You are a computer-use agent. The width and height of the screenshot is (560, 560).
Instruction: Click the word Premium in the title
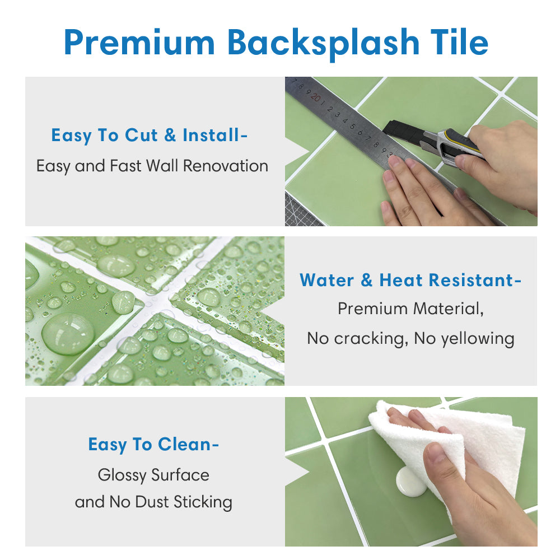(139, 43)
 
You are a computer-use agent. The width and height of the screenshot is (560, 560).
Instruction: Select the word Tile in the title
(459, 42)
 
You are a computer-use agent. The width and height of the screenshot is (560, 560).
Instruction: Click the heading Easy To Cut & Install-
(150, 136)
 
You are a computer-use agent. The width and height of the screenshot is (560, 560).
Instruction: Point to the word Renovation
(225, 166)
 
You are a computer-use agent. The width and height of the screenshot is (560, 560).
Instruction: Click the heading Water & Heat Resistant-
(410, 280)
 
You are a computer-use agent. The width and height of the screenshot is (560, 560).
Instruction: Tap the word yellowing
(478, 339)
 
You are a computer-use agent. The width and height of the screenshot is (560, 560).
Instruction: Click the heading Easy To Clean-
(153, 445)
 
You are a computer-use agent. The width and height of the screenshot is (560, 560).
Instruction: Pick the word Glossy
(122, 475)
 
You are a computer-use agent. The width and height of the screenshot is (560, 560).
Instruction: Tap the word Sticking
(203, 502)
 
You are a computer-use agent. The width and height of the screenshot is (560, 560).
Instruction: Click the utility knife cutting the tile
(433, 143)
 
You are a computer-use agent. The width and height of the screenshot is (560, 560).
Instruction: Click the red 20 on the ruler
(316, 97)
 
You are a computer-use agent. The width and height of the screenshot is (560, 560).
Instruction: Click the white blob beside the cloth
(410, 483)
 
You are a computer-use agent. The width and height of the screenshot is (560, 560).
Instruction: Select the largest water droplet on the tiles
(68, 334)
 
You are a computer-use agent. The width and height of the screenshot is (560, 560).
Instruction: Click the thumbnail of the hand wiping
(411, 472)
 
